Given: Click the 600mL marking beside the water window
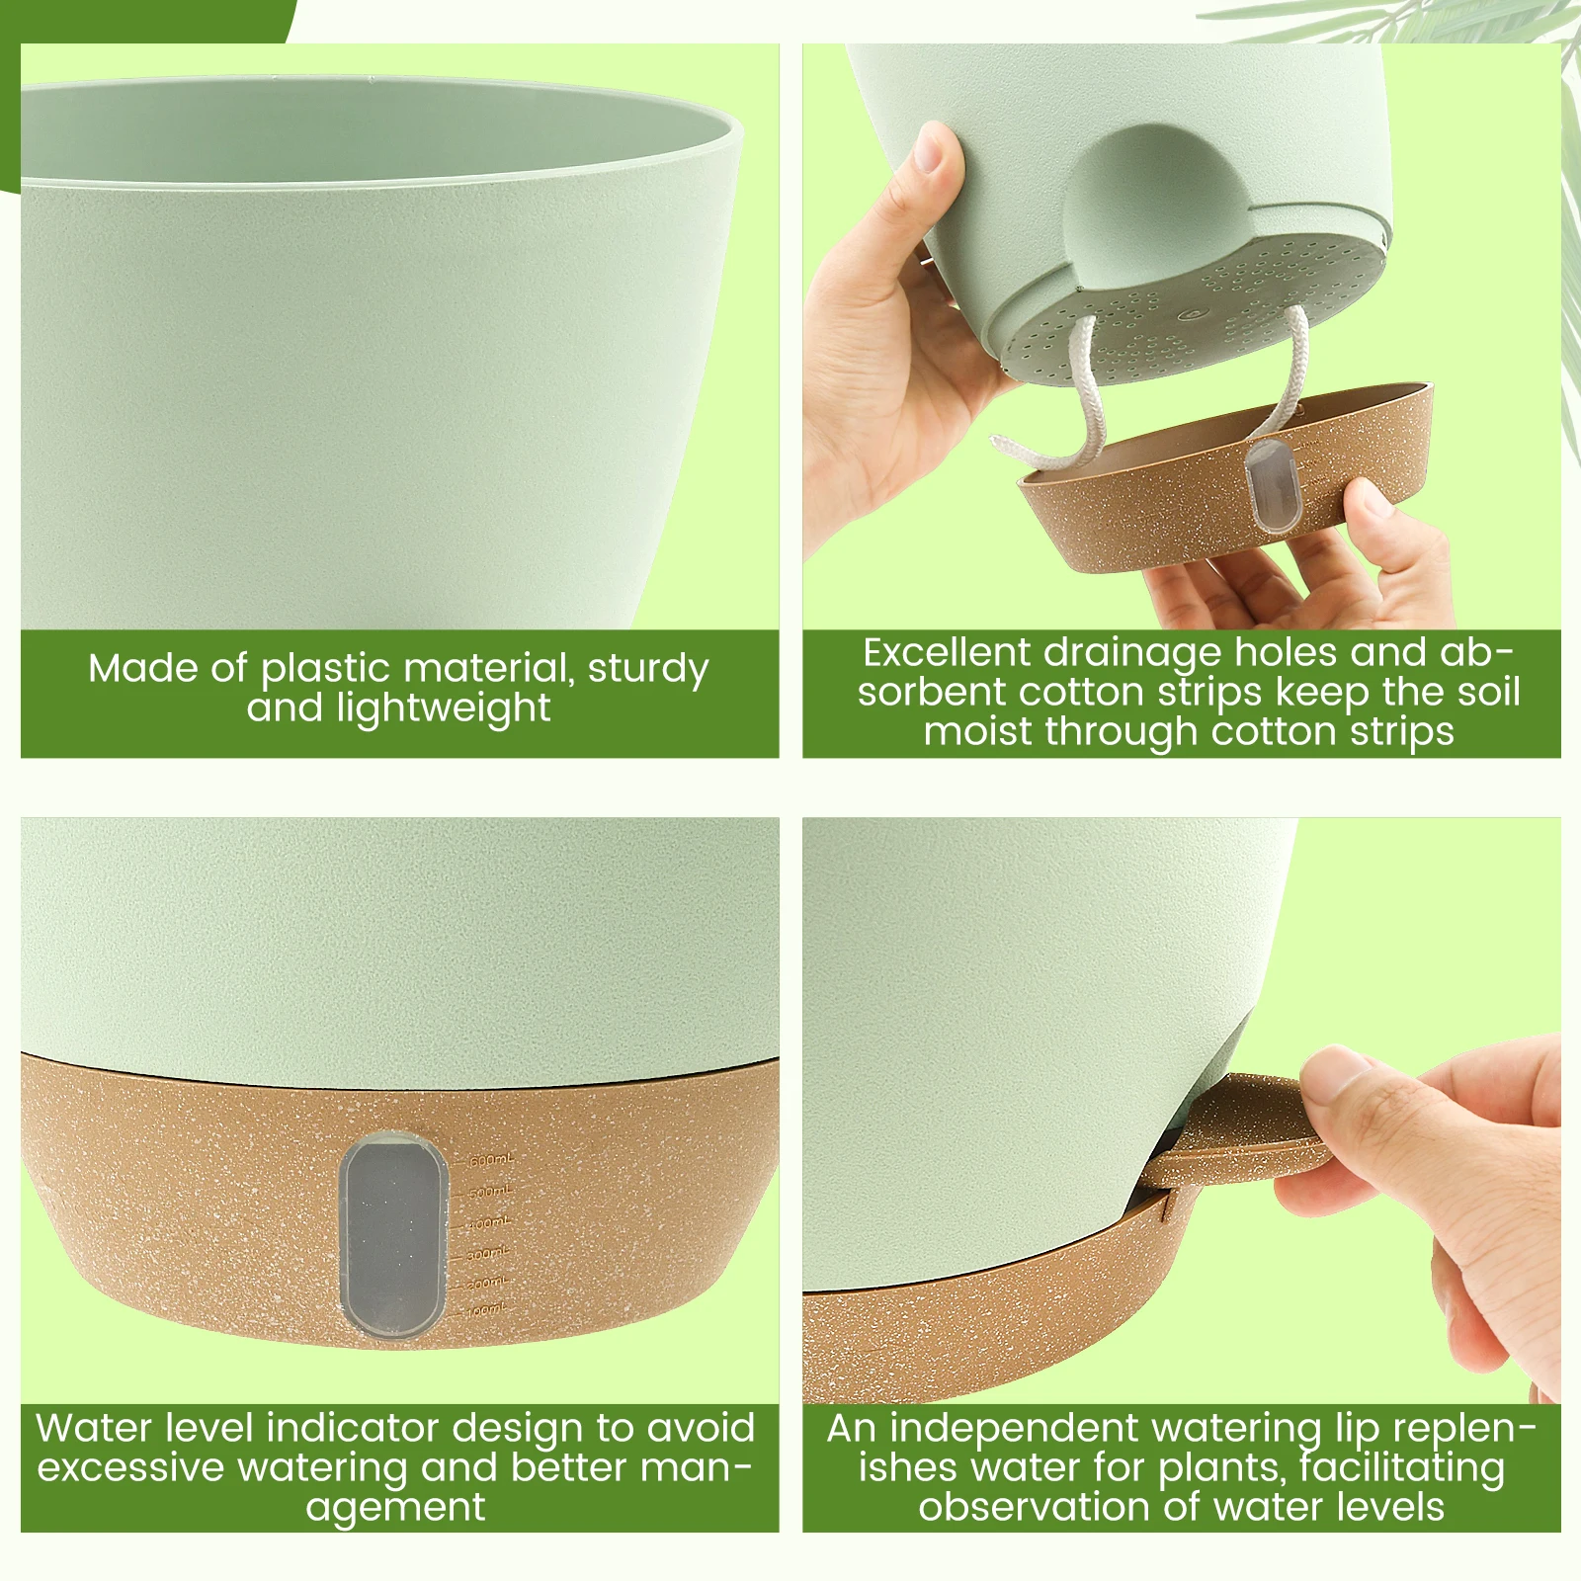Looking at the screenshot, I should [490, 1159].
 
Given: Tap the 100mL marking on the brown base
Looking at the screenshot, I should [486, 1310].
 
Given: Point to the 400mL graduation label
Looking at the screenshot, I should [489, 1224].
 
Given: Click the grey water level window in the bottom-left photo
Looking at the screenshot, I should [388, 1235].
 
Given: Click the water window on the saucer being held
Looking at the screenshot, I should [1268, 486].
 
